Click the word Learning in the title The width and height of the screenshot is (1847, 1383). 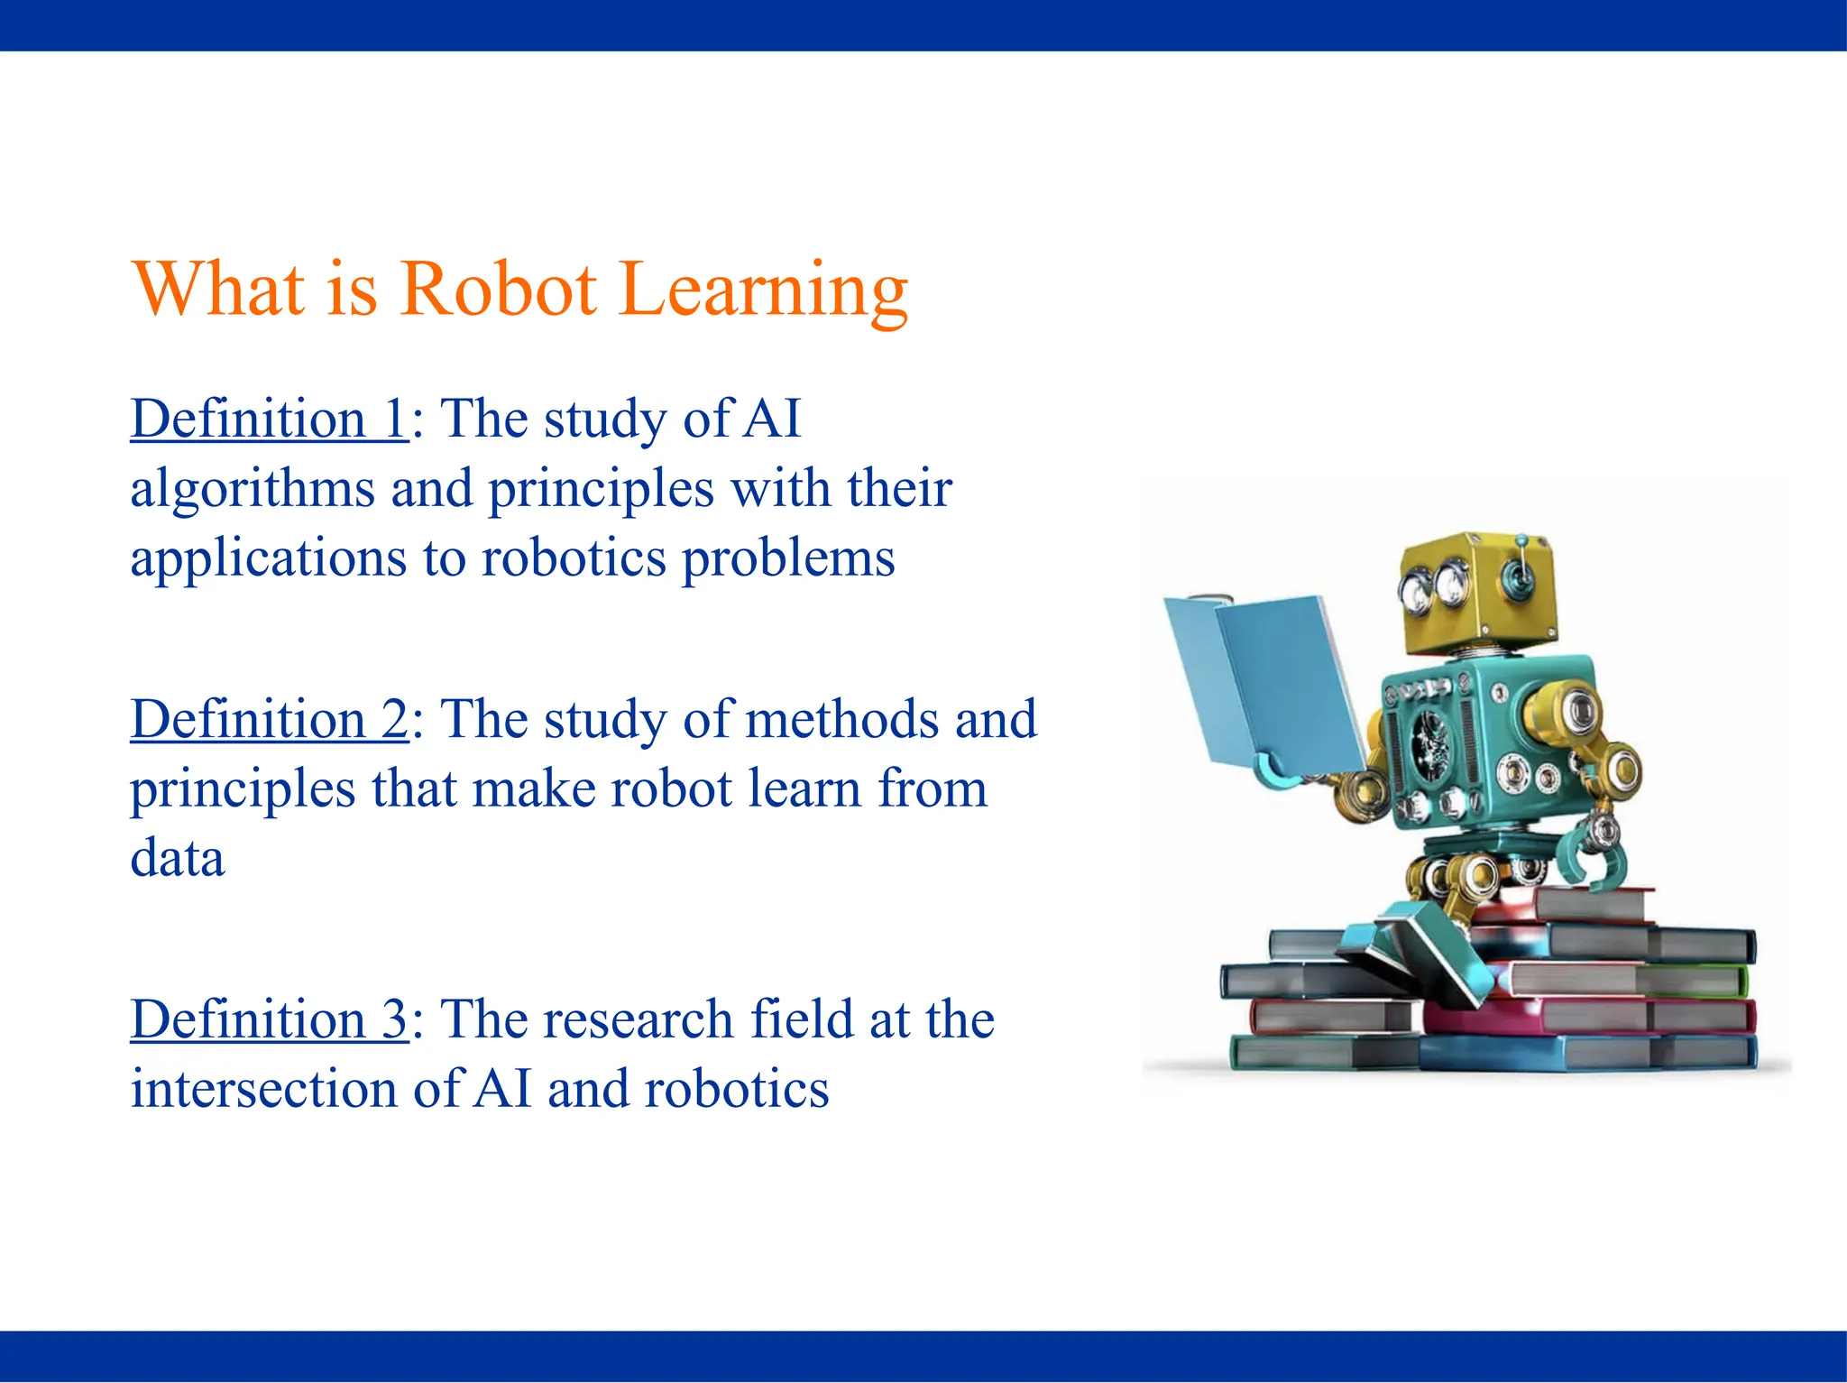pyautogui.click(x=763, y=290)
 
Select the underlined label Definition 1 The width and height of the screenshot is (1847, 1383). pyautogui.click(x=269, y=419)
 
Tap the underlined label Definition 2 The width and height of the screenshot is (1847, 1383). pyautogui.click(x=269, y=719)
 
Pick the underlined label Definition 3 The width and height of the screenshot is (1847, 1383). pyautogui.click(x=269, y=1019)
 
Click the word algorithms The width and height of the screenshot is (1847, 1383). pyautogui.click(x=252, y=490)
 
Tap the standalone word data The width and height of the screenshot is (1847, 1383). pyautogui.click(x=177, y=858)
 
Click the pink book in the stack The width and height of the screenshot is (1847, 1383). pyautogui.click(x=1587, y=1016)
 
